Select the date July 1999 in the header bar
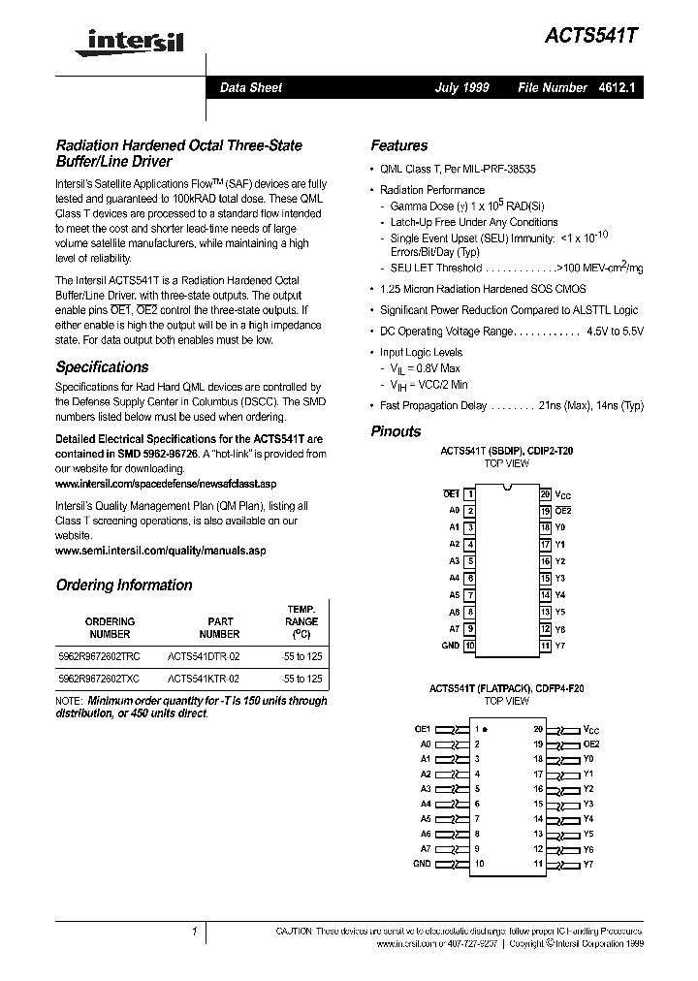click(461, 87)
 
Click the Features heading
click(398, 145)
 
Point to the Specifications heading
click(102, 367)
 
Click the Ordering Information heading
click(124, 585)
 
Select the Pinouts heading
click(396, 431)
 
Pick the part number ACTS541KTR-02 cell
click(204, 680)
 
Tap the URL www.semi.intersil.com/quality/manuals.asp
click(160, 550)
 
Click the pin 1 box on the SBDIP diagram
click(470, 494)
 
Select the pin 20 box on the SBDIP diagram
click(546, 494)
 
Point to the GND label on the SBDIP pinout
click(450, 646)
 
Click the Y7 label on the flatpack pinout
click(588, 864)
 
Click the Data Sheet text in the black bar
click(251, 87)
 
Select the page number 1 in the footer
click(194, 932)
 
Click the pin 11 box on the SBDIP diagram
click(546, 646)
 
